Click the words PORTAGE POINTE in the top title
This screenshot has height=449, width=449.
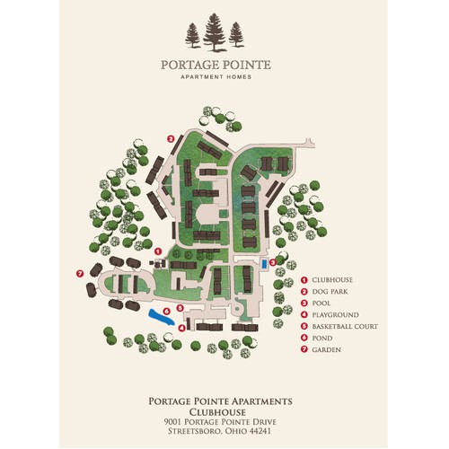[215, 65]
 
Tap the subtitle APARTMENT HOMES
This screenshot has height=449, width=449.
[215, 77]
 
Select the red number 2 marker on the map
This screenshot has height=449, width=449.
[171, 138]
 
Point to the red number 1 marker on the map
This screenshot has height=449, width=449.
[158, 251]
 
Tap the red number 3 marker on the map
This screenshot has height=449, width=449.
[272, 261]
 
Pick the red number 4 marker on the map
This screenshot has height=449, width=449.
[182, 328]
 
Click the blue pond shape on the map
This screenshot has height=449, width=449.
[162, 316]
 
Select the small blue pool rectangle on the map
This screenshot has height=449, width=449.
[263, 264]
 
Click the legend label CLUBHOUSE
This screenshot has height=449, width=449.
[332, 280]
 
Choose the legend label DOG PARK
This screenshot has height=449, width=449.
[330, 292]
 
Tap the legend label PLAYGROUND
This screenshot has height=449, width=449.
[335, 315]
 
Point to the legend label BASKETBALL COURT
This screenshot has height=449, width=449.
[347, 326]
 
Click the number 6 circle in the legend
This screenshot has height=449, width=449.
[304, 338]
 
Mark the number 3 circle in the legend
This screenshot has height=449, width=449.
[304, 304]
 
